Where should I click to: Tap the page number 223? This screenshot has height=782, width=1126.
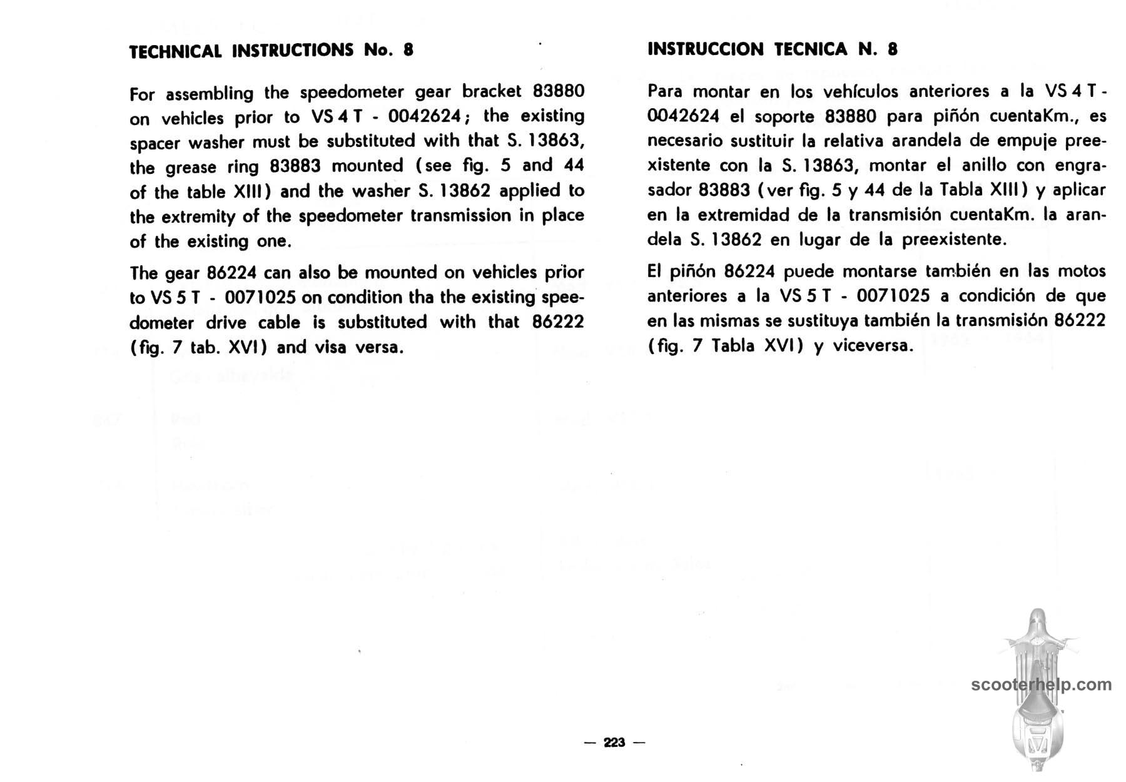(x=614, y=743)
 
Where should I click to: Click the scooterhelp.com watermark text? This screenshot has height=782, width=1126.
(x=1042, y=684)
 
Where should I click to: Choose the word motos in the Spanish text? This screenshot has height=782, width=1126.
(x=1081, y=272)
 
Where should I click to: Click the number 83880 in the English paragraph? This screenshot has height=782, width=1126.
(x=558, y=92)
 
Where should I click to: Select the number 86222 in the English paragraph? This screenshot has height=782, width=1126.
(x=558, y=322)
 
